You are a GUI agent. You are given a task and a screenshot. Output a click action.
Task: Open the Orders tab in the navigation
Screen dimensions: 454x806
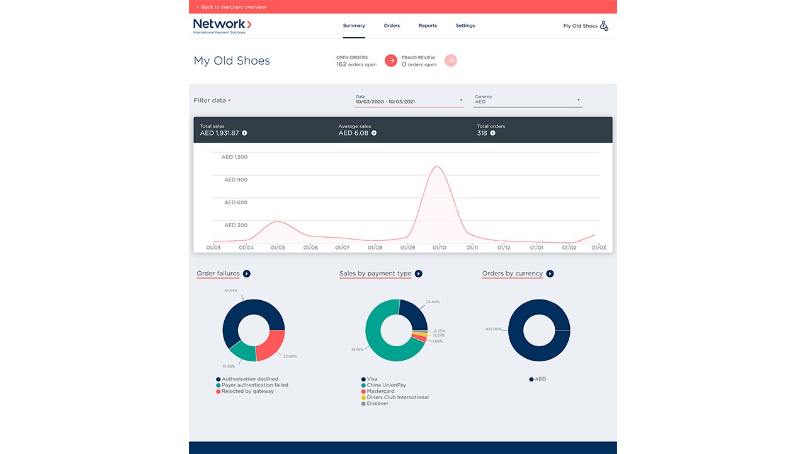[392, 26]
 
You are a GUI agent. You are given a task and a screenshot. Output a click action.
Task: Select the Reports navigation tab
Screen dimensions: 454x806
[428, 26]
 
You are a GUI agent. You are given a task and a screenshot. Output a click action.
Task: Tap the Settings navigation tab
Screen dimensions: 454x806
[465, 26]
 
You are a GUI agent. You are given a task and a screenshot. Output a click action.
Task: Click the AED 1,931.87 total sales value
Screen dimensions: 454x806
[220, 133]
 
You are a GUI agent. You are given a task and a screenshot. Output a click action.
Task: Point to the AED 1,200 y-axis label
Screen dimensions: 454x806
[235, 157]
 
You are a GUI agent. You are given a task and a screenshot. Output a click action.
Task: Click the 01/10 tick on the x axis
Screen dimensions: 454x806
[440, 248]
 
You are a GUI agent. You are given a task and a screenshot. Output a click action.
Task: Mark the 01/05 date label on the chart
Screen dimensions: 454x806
[278, 248]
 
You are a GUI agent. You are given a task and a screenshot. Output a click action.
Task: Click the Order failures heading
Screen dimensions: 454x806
[219, 274]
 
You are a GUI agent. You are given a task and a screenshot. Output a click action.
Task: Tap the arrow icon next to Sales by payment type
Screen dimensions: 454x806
[419, 274]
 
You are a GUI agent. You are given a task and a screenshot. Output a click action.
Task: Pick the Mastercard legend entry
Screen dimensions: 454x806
[380, 392]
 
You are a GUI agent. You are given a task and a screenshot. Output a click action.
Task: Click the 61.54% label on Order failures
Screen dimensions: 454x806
[231, 291]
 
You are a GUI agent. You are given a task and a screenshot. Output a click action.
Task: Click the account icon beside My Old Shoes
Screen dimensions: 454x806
[604, 26]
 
